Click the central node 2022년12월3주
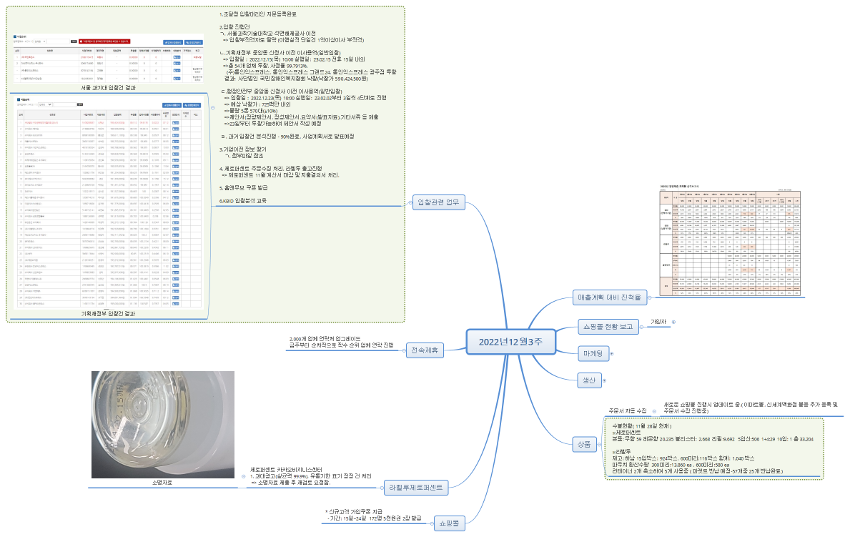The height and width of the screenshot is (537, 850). [x=510, y=342]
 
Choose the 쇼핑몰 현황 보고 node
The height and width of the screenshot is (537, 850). [x=608, y=327]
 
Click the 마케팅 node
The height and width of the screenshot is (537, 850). [x=593, y=353]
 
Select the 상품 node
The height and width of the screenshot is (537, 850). [x=583, y=443]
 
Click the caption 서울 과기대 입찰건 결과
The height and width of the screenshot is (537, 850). [x=109, y=88]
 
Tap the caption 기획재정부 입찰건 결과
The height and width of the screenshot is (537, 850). [x=109, y=313]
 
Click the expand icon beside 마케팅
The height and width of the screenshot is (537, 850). [x=611, y=354]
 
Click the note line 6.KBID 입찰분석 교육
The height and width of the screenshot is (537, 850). [x=242, y=201]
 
